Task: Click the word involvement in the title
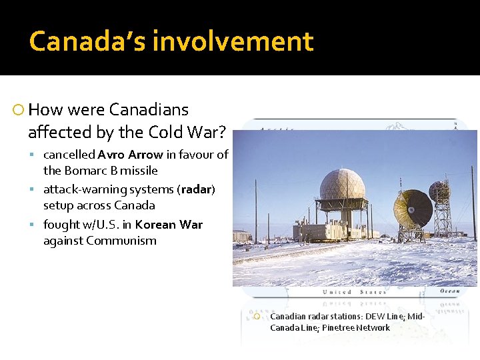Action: point(233,41)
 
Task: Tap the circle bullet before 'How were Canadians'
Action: point(19,110)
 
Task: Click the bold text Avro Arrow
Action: point(131,155)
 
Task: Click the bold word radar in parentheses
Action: point(196,189)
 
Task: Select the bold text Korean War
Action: point(169,225)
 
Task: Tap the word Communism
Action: point(123,241)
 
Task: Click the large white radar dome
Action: point(342,185)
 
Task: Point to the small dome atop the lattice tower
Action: point(439,191)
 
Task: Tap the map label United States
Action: point(353,292)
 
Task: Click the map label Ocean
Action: point(449,291)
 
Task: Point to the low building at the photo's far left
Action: point(241,236)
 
